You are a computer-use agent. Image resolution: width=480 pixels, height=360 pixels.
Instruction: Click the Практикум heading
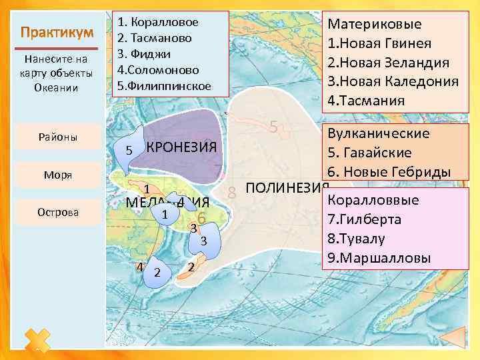click(x=56, y=33)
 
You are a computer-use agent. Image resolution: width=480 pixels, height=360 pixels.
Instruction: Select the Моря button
click(x=56, y=175)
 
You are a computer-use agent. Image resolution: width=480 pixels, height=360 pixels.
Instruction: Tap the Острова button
click(x=56, y=212)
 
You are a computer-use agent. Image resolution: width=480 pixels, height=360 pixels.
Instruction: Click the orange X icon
click(x=38, y=341)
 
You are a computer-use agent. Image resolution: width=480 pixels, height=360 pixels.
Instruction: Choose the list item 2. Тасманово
click(x=153, y=38)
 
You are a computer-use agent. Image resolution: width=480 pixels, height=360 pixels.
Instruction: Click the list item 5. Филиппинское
click(x=164, y=86)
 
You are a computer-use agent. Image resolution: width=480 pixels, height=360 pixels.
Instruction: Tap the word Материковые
click(x=375, y=25)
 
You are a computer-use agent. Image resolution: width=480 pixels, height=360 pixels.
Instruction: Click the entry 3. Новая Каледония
click(x=393, y=81)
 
